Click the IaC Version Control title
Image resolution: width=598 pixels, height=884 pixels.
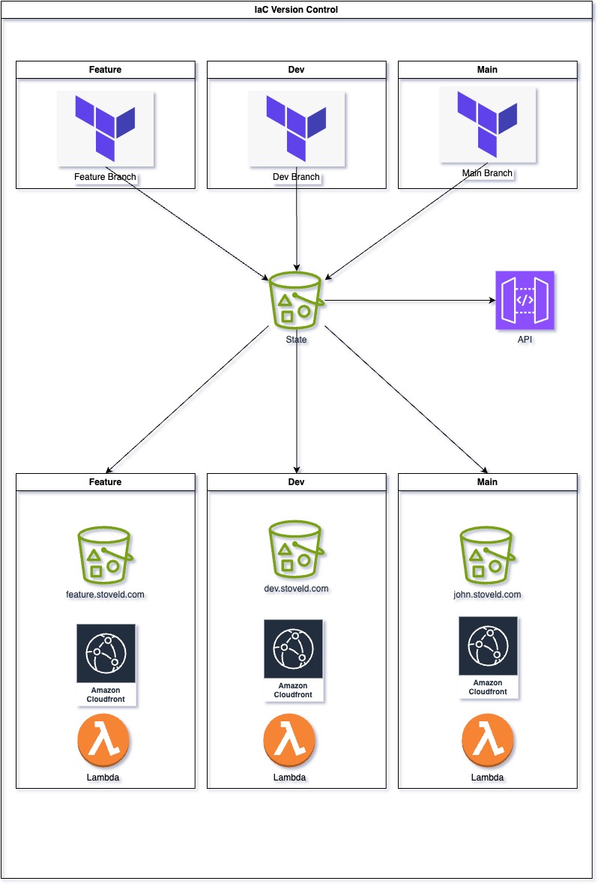tap(299, 10)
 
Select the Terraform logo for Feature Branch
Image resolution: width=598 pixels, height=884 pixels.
tap(106, 128)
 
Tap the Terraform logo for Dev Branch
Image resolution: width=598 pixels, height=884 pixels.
tap(297, 128)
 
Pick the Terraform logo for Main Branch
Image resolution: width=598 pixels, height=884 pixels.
tap(488, 124)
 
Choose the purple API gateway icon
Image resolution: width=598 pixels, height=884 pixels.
tap(525, 301)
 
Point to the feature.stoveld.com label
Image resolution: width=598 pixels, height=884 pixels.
tap(105, 595)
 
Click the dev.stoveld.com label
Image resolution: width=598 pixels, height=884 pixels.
tap(296, 589)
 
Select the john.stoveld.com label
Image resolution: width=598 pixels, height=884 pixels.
tap(487, 595)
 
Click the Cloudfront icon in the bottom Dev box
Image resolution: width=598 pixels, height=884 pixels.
tap(293, 660)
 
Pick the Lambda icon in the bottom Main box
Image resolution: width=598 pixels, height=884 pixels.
tap(487, 739)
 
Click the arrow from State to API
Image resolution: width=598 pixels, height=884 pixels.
tap(408, 301)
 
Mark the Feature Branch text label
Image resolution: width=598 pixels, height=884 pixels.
tap(105, 178)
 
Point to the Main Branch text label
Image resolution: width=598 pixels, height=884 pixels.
tap(487, 173)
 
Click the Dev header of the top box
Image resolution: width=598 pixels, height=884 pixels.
tap(297, 70)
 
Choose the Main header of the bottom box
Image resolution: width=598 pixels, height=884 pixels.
tap(487, 482)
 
